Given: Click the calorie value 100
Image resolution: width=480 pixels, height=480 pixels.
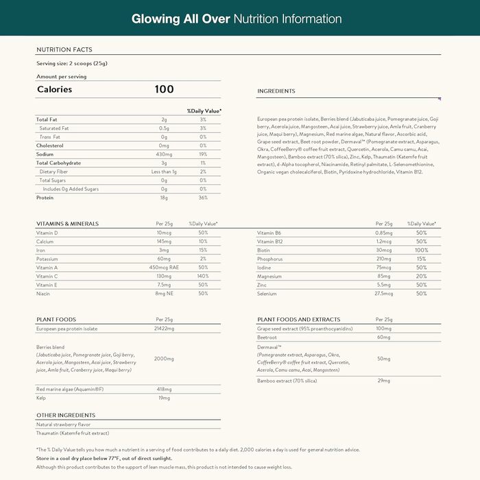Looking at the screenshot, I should tap(165, 89).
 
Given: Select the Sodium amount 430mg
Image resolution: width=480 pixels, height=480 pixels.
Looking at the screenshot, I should tap(164, 154).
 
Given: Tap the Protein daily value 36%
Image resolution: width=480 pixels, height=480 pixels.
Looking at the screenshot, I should tap(203, 197).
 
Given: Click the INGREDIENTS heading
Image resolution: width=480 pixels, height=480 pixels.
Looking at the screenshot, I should tap(276, 91).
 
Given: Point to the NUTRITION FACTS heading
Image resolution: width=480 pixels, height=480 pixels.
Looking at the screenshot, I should tap(64, 49).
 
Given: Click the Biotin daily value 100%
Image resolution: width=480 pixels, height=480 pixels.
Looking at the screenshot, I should tap(421, 250).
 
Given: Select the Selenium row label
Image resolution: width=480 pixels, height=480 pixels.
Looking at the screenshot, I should tap(267, 293).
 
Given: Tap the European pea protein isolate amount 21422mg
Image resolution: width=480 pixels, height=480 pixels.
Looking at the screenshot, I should tap(165, 329).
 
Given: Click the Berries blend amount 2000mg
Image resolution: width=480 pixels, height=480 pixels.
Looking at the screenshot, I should tap(165, 359).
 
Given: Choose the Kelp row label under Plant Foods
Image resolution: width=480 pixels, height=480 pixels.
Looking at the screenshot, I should tap(41, 398).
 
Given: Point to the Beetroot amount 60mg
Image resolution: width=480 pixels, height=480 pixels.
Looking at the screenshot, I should tap(383, 337).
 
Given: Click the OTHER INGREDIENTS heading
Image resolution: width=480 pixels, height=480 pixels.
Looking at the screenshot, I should tap(67, 416).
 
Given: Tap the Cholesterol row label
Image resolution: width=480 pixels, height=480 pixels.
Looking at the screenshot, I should tap(49, 145).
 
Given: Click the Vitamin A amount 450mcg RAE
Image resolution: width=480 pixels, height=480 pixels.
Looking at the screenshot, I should tap(164, 267).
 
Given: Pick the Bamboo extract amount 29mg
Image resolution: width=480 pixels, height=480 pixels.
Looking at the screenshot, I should tap(383, 380).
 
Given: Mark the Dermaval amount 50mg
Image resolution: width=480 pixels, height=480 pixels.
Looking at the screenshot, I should tap(383, 359).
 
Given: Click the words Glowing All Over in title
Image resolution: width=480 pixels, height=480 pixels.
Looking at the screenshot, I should tap(180, 19).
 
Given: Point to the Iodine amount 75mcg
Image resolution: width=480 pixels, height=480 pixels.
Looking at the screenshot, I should tap(383, 267).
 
